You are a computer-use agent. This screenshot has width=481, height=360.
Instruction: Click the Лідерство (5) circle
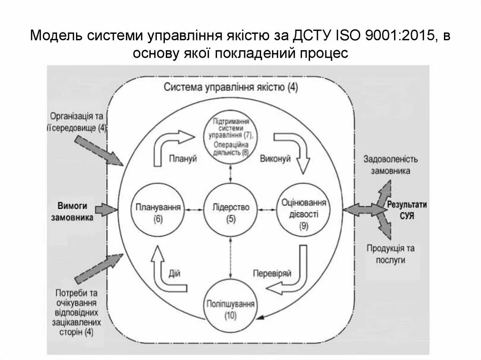230,212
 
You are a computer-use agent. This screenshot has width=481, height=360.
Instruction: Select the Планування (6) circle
157,212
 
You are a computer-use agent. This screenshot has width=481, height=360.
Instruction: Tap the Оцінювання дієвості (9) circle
303,212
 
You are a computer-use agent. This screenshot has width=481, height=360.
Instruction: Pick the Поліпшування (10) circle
230,307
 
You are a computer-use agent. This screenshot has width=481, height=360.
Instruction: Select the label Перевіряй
272,273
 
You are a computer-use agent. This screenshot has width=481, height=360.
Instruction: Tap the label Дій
174,273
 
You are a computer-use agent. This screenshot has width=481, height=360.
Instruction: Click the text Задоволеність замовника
390,165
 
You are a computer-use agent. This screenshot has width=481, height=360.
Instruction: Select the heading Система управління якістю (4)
231,87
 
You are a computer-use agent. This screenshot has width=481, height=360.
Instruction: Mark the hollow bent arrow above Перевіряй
291,277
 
